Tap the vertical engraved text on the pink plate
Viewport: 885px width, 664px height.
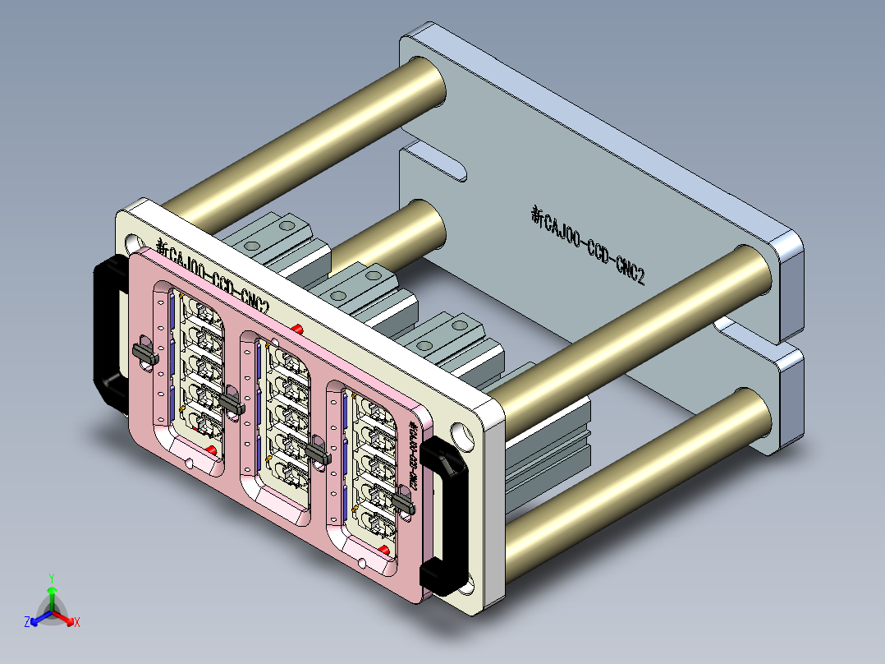[x=415, y=456]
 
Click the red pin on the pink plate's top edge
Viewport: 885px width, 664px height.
[x=296, y=329]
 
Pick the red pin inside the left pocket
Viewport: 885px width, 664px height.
[x=212, y=450]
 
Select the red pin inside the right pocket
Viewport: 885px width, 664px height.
[x=385, y=548]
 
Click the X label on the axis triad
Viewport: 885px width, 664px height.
[x=77, y=623]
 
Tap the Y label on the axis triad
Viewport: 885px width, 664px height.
[x=51, y=577]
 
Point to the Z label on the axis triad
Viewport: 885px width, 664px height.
[x=26, y=623]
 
